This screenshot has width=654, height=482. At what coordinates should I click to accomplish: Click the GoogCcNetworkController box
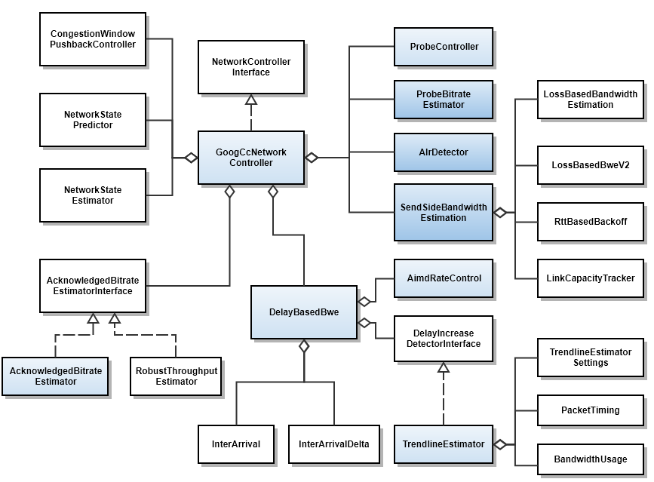click(251, 158)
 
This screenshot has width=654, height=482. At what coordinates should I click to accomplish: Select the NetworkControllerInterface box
click(251, 67)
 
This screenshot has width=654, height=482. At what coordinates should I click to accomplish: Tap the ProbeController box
click(444, 47)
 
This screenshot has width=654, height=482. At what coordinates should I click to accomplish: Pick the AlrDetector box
click(444, 152)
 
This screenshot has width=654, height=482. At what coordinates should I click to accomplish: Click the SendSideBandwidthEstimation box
click(444, 212)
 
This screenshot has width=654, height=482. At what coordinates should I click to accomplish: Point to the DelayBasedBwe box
click(304, 312)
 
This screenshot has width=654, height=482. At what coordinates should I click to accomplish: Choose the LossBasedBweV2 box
click(591, 165)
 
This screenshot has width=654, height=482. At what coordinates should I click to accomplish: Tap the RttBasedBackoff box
click(591, 222)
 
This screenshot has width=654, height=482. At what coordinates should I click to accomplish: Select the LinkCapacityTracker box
click(591, 278)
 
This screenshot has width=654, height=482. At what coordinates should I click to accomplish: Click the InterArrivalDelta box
click(334, 444)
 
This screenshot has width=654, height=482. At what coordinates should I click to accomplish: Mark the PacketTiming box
click(591, 410)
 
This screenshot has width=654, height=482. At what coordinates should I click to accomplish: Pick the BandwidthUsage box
click(591, 459)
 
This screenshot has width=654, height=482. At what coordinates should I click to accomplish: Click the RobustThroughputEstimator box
click(176, 376)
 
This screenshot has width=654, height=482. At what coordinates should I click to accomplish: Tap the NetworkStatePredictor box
click(93, 120)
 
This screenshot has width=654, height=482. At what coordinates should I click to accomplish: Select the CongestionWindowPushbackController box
click(93, 39)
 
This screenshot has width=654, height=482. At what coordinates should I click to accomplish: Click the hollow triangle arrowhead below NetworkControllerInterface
click(251, 100)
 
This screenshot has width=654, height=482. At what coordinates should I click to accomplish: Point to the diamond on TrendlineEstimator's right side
click(499, 444)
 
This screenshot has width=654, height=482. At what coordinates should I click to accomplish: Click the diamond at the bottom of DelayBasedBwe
click(304, 345)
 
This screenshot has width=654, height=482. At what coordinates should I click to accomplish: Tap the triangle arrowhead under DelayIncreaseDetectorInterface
click(444, 367)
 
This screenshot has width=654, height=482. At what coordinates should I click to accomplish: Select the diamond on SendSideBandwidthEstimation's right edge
click(499, 213)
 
